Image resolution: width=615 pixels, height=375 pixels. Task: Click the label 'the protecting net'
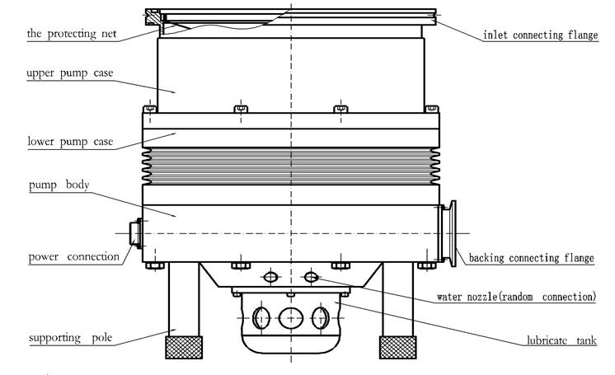[x=72, y=34]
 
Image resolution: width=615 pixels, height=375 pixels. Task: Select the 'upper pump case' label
[x=70, y=73]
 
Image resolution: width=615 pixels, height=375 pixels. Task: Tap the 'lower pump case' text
[x=70, y=142]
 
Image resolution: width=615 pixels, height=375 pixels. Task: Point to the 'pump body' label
[x=59, y=185]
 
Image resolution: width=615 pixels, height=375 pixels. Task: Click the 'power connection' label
[x=74, y=257]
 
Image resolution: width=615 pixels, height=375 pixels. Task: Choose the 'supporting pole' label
[x=71, y=338]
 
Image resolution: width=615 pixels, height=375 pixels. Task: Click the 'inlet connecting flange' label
[x=541, y=35]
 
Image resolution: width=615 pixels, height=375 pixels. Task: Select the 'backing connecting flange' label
[x=532, y=258]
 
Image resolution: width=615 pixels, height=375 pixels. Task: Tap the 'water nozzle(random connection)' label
[x=516, y=297]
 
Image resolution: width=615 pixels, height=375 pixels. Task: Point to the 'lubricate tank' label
[x=561, y=340]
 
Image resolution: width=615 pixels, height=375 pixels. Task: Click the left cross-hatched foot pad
[x=184, y=347]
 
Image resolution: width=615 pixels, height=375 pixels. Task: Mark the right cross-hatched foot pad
[x=397, y=347]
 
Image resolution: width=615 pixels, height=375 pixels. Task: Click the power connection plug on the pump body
[x=136, y=233]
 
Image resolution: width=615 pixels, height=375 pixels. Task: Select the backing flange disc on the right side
[x=453, y=233]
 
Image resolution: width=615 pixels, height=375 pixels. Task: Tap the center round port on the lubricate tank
[x=291, y=318]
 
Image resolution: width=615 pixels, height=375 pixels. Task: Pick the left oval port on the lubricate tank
[x=261, y=318]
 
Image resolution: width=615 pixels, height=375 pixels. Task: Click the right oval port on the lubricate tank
[x=321, y=318]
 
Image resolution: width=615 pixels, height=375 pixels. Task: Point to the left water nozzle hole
[x=270, y=277]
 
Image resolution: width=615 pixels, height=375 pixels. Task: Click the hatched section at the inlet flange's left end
[x=153, y=17]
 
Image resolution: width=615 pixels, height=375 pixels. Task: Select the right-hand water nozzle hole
[x=311, y=277]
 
